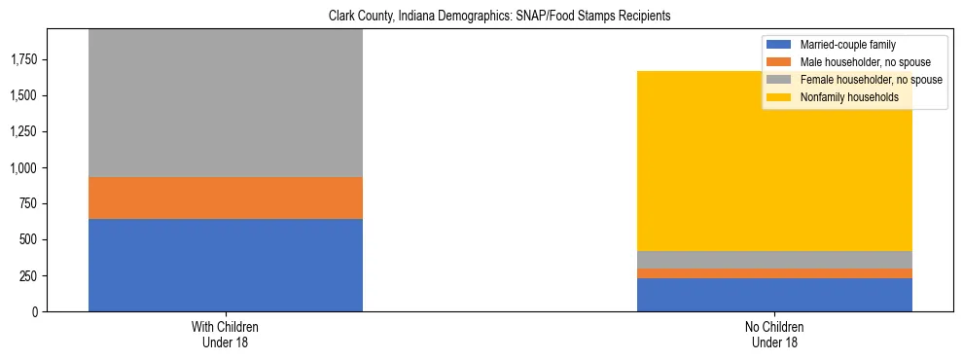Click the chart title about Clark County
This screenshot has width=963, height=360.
pos(481,17)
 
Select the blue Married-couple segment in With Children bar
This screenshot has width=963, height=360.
pos(226,265)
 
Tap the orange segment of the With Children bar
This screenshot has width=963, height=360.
pos(226,198)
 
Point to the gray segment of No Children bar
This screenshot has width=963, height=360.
pos(774,260)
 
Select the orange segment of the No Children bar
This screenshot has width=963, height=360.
pos(774,273)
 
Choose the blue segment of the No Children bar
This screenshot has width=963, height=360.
pos(774,295)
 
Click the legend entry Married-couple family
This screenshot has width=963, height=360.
pos(847,45)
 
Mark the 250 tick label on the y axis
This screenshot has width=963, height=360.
pos(27,275)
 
